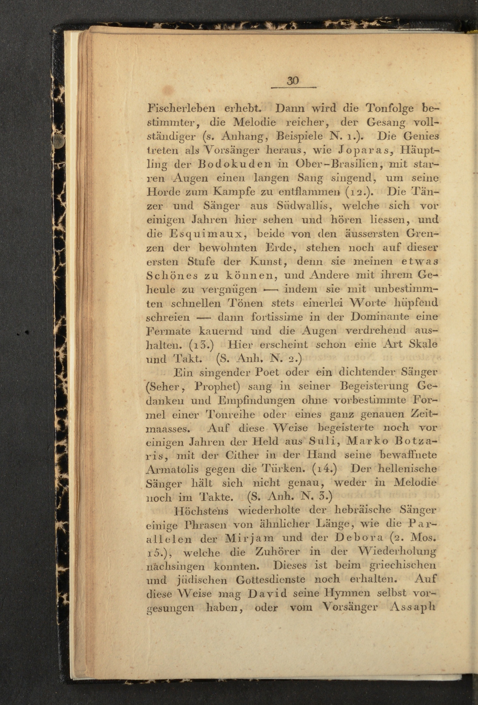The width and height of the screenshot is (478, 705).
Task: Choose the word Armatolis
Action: pyautogui.click(x=172, y=469)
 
